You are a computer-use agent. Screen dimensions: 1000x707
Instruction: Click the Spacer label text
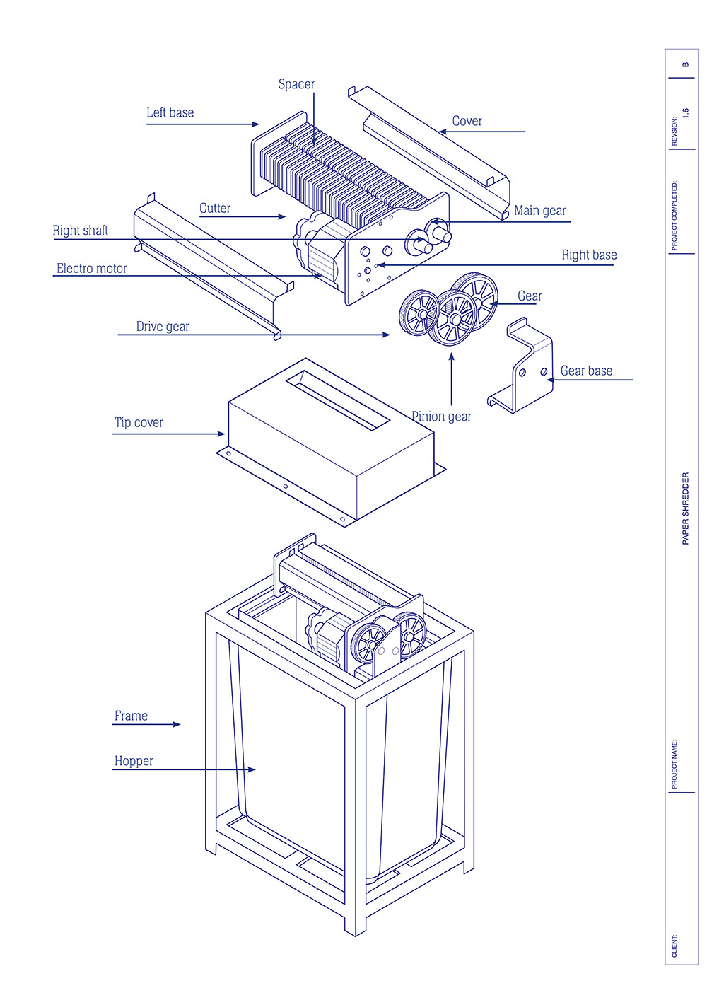[296, 84]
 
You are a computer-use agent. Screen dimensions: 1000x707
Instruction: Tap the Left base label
[170, 113]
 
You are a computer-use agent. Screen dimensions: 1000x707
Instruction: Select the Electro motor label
[91, 269]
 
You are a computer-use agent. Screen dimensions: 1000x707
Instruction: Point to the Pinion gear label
[442, 417]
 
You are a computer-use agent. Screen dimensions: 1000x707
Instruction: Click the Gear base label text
[586, 371]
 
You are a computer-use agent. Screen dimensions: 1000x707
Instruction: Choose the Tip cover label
[139, 423]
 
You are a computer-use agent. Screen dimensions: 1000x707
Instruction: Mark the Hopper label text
[134, 762]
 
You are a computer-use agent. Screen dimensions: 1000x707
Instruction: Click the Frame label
[131, 716]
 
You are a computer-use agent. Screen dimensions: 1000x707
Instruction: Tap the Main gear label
[539, 211]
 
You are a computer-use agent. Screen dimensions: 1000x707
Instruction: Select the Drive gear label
[163, 327]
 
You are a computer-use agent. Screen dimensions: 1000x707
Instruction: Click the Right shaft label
[80, 231]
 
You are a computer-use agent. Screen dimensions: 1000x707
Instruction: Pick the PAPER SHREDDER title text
[685, 508]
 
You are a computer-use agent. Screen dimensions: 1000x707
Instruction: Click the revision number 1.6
[685, 113]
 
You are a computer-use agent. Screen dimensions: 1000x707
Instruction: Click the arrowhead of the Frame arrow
[177, 724]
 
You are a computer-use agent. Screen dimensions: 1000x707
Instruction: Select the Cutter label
[214, 209]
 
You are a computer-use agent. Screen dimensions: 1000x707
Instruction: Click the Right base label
[589, 255]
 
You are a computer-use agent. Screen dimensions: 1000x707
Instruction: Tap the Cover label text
[467, 122]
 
